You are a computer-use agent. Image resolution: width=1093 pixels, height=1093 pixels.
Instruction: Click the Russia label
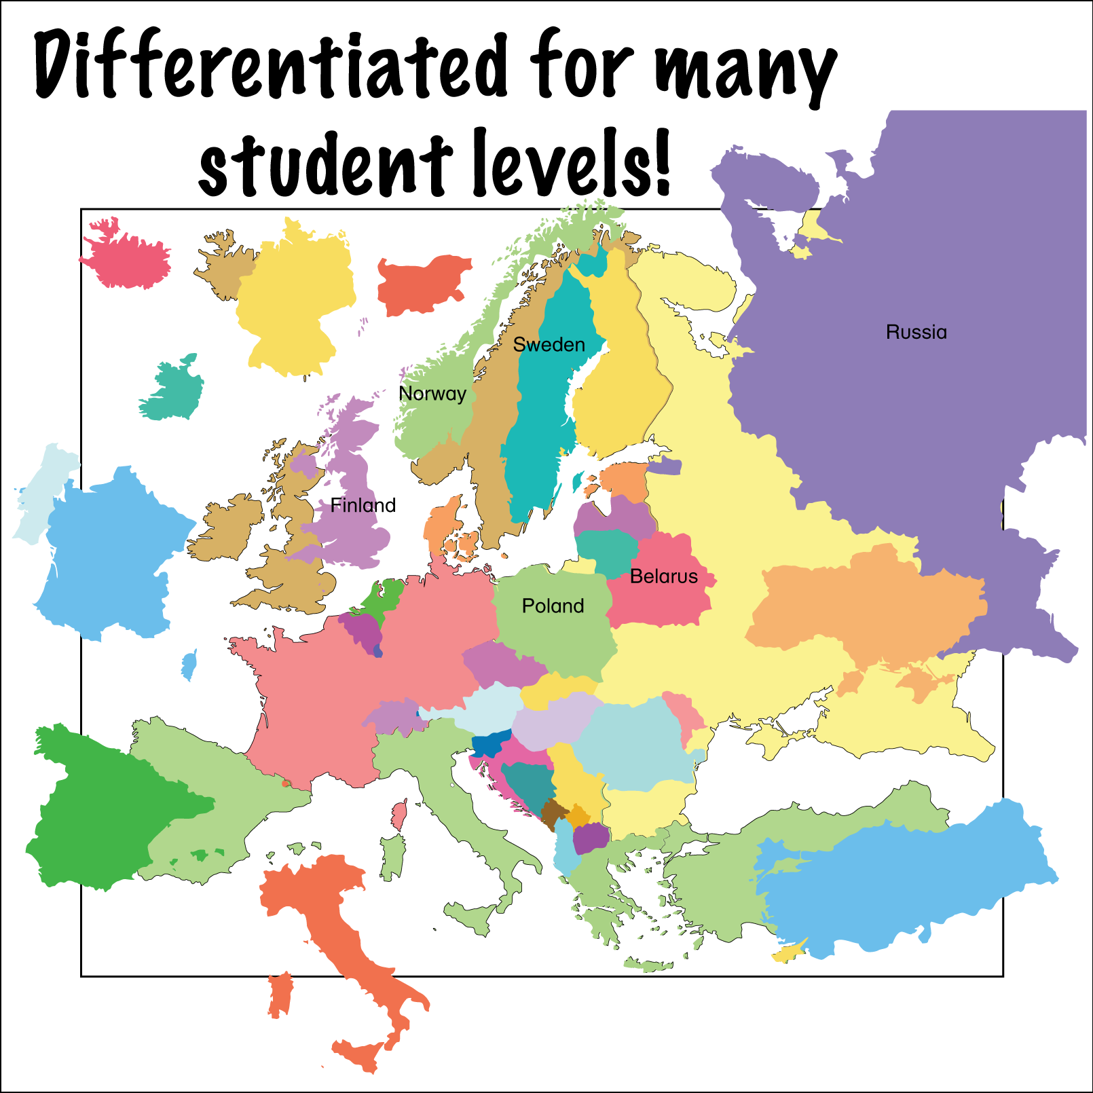[916, 332]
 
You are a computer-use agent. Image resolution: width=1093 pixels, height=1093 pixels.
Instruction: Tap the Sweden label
[549, 345]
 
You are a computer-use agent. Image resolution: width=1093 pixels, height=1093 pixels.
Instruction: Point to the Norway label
[432, 394]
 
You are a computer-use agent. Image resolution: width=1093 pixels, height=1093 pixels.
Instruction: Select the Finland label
[363, 505]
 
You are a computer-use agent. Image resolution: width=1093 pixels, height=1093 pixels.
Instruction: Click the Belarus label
[663, 576]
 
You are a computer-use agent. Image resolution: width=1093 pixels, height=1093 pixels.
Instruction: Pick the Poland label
[553, 606]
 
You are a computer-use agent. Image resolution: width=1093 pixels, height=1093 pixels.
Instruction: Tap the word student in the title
[326, 163]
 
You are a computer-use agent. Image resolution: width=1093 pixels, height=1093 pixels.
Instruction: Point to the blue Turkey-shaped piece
[910, 883]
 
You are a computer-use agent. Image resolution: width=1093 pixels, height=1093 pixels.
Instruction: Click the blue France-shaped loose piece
[109, 553]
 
